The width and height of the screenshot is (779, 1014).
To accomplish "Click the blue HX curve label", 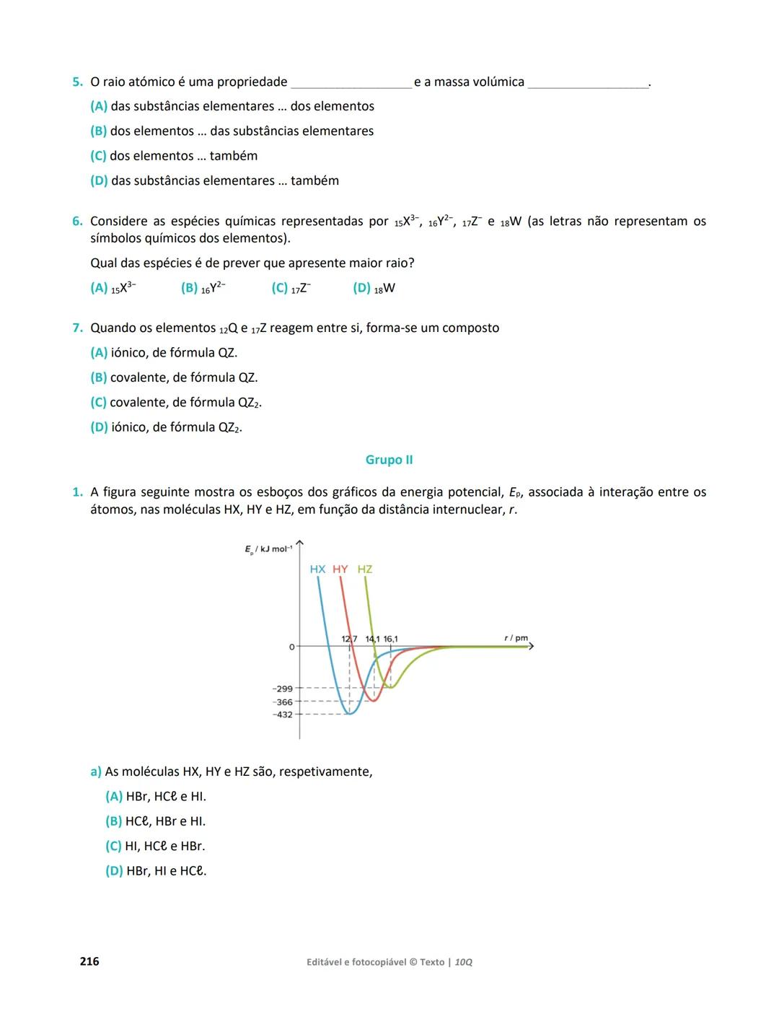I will click(x=317, y=569).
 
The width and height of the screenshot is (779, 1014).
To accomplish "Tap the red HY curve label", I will click(x=340, y=569).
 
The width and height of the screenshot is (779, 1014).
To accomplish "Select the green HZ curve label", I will click(x=365, y=569).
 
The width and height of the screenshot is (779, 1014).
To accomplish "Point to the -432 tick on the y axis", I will click(x=283, y=714).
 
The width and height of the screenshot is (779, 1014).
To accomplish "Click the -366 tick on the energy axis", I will click(x=283, y=702).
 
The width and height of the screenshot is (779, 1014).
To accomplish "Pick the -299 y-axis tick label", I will click(x=283, y=689).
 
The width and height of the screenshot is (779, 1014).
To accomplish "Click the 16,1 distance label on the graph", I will click(x=390, y=639).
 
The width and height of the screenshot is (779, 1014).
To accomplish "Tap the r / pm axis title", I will click(x=516, y=638).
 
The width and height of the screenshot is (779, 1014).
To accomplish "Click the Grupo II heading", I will click(x=389, y=460).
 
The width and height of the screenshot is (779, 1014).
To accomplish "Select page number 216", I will click(x=89, y=961).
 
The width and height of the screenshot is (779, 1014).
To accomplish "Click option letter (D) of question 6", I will click(x=361, y=288).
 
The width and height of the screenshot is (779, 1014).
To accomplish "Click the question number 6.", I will click(x=76, y=222).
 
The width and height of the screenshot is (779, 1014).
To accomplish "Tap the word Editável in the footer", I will click(x=327, y=962).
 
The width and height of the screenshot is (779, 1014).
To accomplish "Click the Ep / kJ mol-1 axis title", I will click(x=268, y=550).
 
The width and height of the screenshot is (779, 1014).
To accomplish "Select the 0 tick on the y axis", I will click(x=291, y=647).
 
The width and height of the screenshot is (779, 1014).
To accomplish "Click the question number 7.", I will click(x=76, y=328).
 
